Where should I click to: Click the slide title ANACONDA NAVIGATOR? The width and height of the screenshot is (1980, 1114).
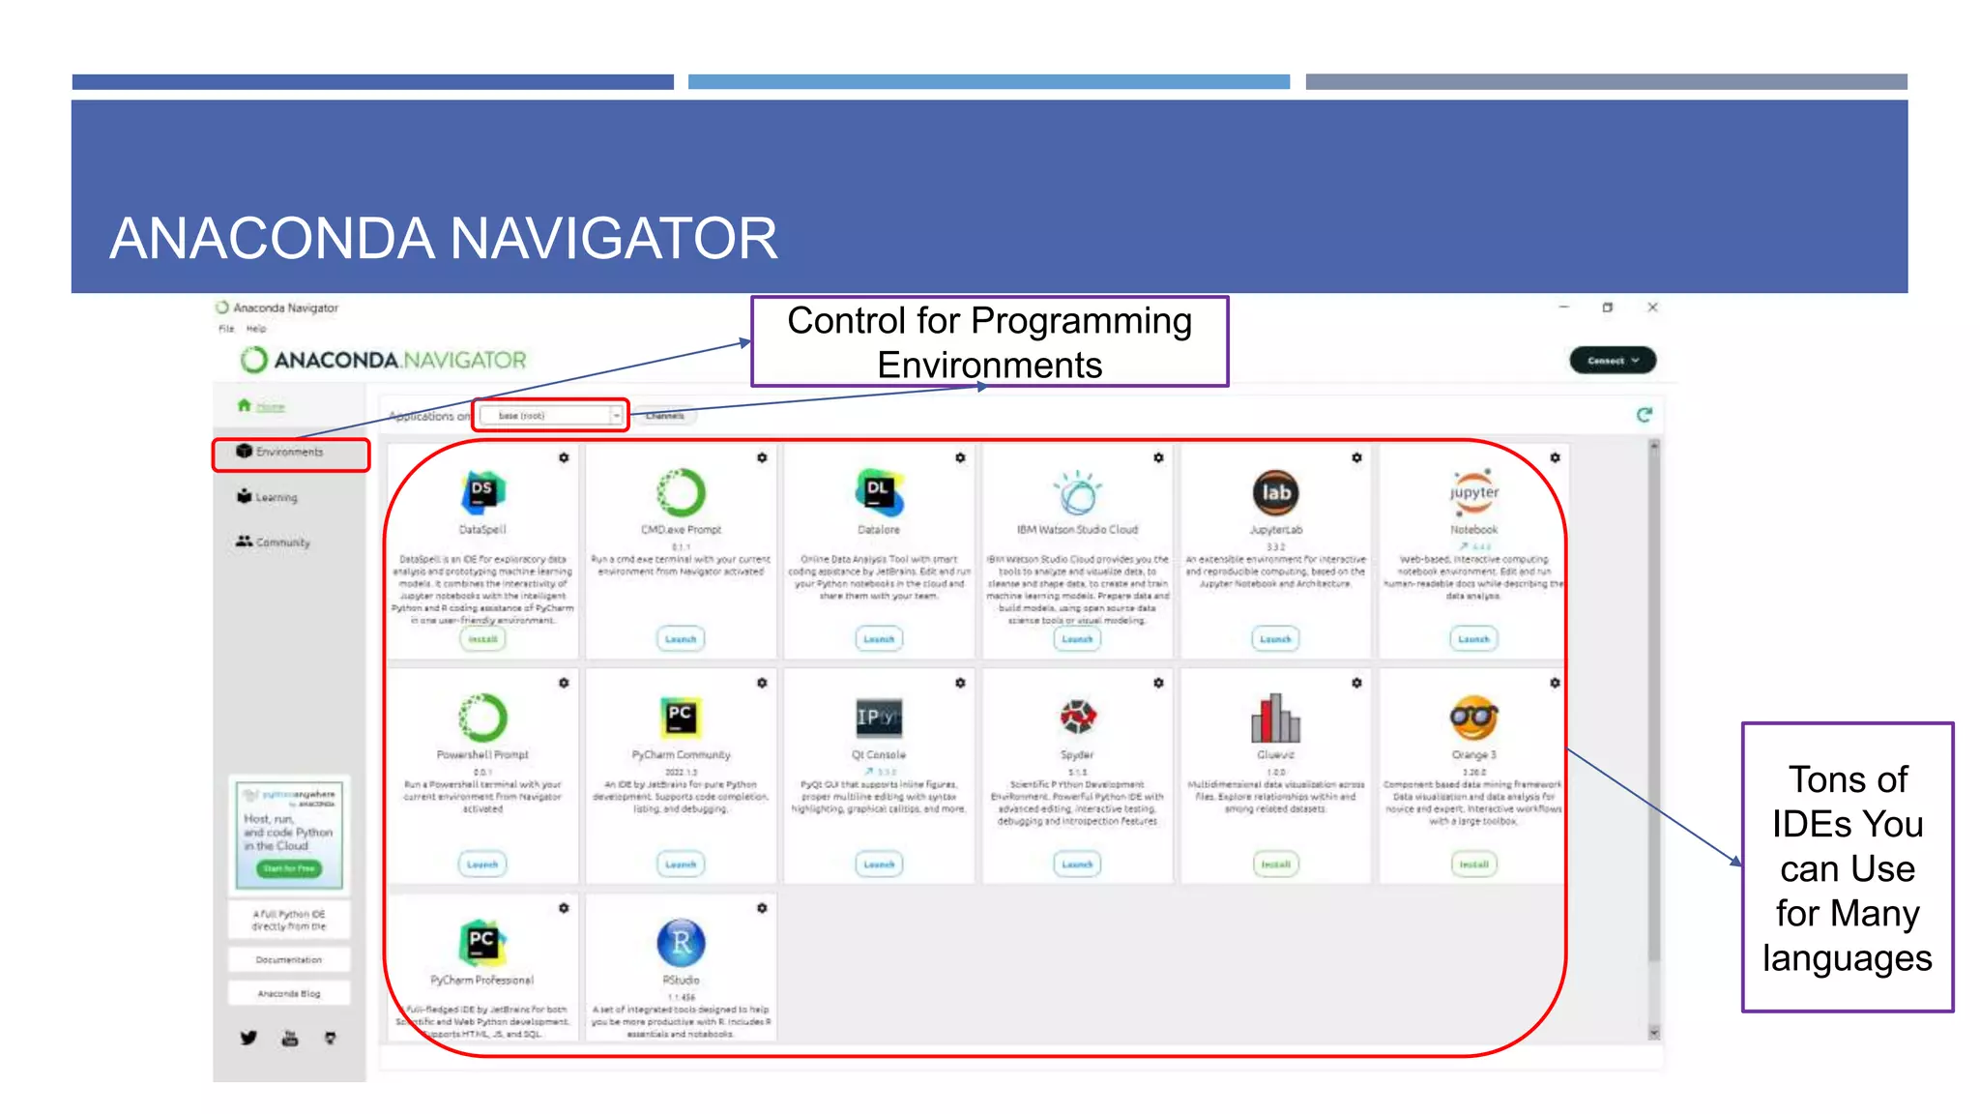coord(444,239)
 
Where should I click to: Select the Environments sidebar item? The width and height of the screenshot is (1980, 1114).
coord(289,453)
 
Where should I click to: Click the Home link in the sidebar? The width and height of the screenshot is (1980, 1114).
coord(270,407)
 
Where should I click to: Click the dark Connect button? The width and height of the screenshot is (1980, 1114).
coord(1612,361)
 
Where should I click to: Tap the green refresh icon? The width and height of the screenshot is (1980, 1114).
coord(1644,415)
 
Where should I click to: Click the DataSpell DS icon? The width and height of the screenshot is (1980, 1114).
coord(482,492)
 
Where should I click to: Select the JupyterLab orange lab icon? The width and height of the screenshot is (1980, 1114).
coord(1275,492)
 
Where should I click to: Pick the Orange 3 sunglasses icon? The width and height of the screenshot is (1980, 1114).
coord(1473,718)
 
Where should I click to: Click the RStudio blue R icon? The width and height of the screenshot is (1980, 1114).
coord(681,943)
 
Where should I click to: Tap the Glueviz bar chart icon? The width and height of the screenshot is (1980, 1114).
coord(1275,718)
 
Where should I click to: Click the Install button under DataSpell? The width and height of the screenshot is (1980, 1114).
coord(482,639)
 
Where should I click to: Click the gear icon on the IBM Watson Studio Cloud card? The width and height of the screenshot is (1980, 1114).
coord(1158,457)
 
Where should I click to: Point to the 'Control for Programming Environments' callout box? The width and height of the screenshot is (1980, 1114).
coord(989,342)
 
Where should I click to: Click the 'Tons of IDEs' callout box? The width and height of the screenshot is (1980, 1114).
coord(1847,867)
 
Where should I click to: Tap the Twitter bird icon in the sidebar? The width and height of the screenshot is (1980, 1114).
coord(248,1038)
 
